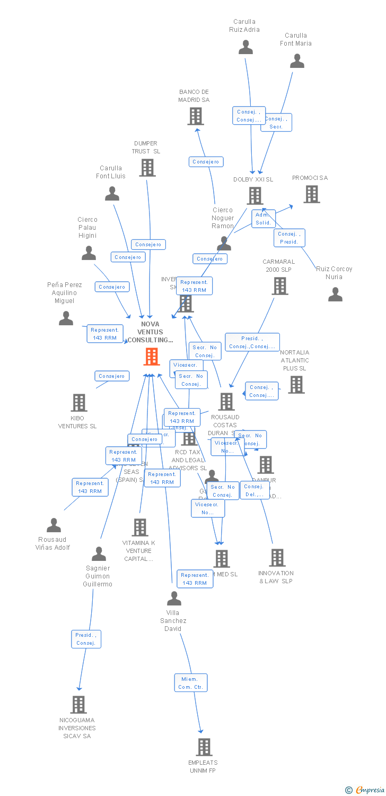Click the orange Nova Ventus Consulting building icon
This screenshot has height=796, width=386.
point(152,357)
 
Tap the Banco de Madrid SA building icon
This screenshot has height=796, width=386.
point(196,116)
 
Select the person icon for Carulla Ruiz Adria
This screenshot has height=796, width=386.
point(245,47)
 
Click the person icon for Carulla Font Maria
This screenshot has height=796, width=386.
point(297,61)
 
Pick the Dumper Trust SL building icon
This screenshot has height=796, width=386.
point(147,168)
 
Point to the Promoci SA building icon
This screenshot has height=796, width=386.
point(311,194)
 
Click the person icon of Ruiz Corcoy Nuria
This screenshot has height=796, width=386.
point(335,294)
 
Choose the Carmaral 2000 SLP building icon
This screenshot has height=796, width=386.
point(279,286)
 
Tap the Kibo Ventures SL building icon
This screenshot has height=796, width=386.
point(78,403)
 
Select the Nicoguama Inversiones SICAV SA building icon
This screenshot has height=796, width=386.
point(78,705)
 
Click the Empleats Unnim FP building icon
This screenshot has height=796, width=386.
point(204,747)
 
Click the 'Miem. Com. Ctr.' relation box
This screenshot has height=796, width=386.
point(191,683)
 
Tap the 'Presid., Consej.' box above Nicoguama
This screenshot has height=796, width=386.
point(86,639)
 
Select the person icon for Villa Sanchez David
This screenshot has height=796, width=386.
point(174,599)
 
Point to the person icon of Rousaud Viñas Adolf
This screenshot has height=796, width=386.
point(54,525)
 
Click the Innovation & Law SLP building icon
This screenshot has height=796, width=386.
point(277,558)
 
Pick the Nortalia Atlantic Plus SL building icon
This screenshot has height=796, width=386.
point(296,385)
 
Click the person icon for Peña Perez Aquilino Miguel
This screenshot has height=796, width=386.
point(66,318)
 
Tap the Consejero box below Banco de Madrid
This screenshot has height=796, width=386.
point(206,162)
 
